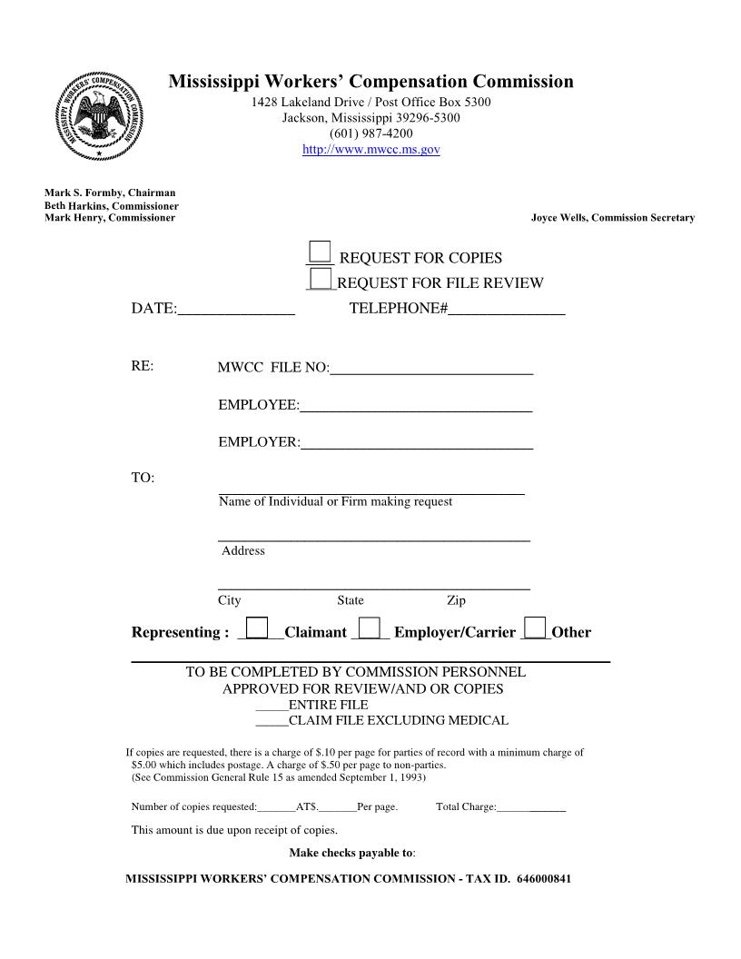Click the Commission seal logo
(x=99, y=116)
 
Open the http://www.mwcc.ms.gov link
(x=370, y=149)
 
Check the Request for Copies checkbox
(x=320, y=252)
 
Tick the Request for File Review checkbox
(x=320, y=278)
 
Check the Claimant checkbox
(x=258, y=628)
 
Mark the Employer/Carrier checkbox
(x=369, y=628)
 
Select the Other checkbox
(x=536, y=628)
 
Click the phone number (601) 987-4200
(x=370, y=133)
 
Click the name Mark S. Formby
(x=84, y=193)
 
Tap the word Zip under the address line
(x=456, y=600)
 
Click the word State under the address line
(x=351, y=600)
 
